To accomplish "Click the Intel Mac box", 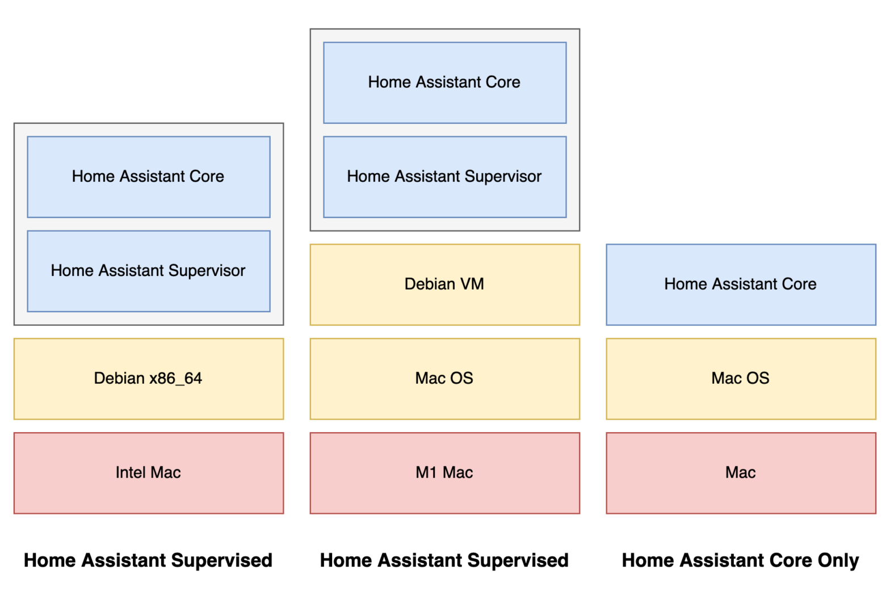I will coord(148,472).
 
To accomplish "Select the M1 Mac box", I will coord(444,472).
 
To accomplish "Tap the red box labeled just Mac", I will coord(741,472).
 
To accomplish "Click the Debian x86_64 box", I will coord(148,379).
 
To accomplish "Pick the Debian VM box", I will coord(444,284).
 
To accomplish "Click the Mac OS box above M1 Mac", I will coord(444,379).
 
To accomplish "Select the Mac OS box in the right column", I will coord(741,379).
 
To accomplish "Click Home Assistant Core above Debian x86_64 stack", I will coord(148,177).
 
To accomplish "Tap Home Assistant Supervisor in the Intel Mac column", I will coord(148,271).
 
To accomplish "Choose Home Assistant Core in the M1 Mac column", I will coord(444,82).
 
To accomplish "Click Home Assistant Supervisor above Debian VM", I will coord(444,177).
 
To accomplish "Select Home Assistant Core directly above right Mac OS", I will coord(741,284).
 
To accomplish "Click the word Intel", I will coord(131,472).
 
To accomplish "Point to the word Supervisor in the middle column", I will coord(503,177).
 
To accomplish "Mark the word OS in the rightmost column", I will coord(757,378).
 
